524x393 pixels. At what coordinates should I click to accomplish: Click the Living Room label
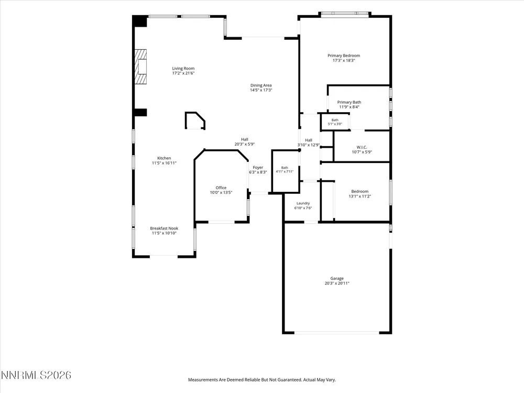[183, 69]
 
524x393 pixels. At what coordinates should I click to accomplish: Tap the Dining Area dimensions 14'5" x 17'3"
[261, 90]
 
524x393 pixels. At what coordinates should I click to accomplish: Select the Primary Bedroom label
[344, 56]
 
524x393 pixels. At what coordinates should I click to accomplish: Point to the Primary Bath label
[349, 102]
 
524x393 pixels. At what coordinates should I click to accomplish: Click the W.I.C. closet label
[362, 147]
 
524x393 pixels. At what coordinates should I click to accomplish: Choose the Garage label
[337, 278]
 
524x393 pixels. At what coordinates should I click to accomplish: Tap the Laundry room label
[303, 203]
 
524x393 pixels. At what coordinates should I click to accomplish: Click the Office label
[221, 188]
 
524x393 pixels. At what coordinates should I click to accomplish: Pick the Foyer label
[258, 168]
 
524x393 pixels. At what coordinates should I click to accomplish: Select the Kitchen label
[164, 158]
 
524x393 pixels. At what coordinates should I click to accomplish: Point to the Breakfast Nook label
[164, 228]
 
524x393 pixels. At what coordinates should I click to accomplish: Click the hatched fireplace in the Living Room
[140, 67]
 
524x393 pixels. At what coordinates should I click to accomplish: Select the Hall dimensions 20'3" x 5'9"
[245, 145]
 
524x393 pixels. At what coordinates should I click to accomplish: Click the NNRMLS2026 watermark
[36, 375]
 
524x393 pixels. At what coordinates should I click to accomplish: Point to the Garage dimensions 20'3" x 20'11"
[337, 283]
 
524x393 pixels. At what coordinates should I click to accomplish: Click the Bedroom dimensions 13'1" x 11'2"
[360, 196]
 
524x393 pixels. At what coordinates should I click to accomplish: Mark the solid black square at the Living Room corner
[140, 21]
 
